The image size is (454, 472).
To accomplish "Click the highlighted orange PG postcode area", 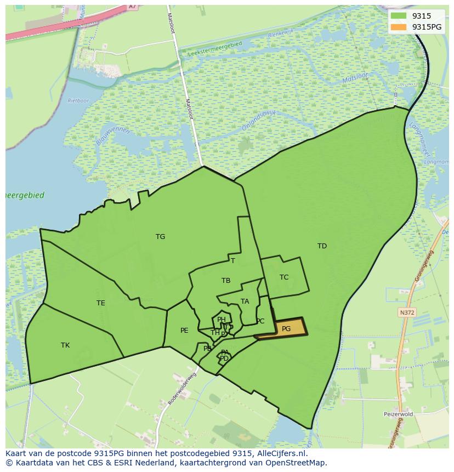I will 282,328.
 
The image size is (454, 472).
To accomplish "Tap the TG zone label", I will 160,237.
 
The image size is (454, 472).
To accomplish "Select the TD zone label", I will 322,246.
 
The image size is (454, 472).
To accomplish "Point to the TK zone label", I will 65,345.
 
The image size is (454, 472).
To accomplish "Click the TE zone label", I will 101,303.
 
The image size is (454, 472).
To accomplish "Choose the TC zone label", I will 284,277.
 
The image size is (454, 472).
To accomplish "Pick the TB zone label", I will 226,281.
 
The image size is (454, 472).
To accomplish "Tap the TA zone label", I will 245,302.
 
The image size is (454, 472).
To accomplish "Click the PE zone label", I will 184,331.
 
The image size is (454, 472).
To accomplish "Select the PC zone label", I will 260,321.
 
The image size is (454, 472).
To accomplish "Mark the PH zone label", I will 222,320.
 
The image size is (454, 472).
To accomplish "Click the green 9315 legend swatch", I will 399,16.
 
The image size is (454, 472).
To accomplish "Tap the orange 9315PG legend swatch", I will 399,27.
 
